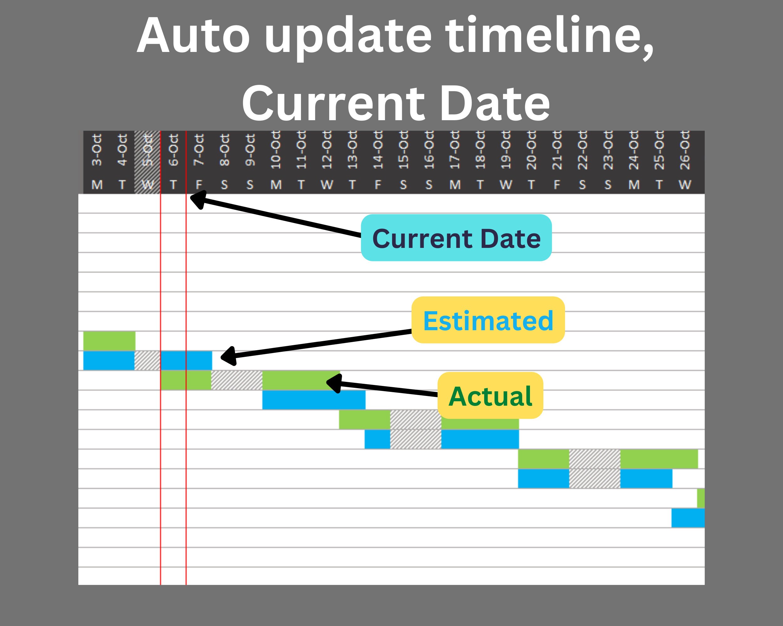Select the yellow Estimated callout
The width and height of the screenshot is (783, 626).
(488, 320)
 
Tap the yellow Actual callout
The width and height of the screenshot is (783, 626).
(490, 395)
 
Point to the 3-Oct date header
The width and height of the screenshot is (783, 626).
(96, 150)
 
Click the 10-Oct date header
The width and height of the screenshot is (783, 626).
(276, 150)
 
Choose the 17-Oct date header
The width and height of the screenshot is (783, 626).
(455, 150)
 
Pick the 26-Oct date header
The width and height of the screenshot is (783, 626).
(685, 150)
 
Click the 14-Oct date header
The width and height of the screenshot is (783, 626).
(378, 150)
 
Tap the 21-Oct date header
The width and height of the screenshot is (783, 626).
(557, 150)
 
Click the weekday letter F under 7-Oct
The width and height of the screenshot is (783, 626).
(199, 185)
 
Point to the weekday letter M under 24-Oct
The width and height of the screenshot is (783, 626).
(634, 185)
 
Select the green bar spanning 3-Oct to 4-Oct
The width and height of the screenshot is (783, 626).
(109, 341)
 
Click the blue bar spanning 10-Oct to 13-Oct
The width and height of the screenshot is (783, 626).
(314, 400)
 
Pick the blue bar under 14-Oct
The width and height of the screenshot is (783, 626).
(377, 439)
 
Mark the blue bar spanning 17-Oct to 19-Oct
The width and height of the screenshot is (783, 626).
(480, 439)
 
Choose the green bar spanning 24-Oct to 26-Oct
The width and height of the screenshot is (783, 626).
(659, 459)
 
